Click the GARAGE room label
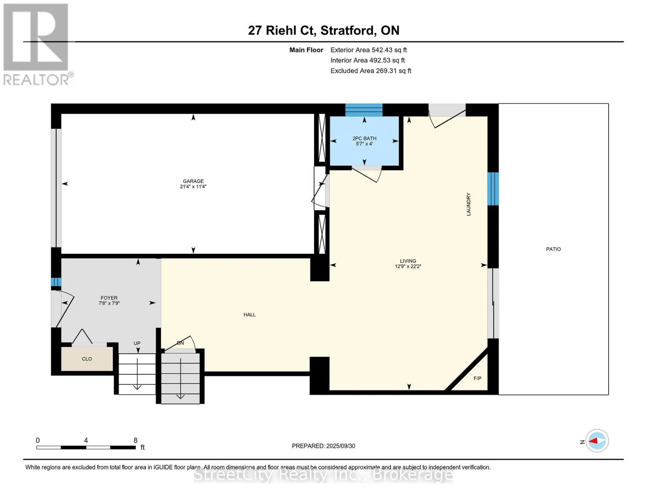pos(193,181)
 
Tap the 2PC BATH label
pos(364,138)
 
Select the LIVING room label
pos(408,261)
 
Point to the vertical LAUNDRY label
pos(468,204)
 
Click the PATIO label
pos(553,249)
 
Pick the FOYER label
pos(109,298)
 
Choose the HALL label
pos(250,315)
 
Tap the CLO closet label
pos(87,359)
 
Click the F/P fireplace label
pos(477,378)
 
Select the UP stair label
pos(137,343)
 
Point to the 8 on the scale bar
pos(135,440)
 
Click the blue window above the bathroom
pos(364,110)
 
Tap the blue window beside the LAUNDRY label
pos(493,189)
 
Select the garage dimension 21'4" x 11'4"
pos(193,186)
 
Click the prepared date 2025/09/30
pos(341,446)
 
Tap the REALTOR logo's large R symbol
pos(36,37)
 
